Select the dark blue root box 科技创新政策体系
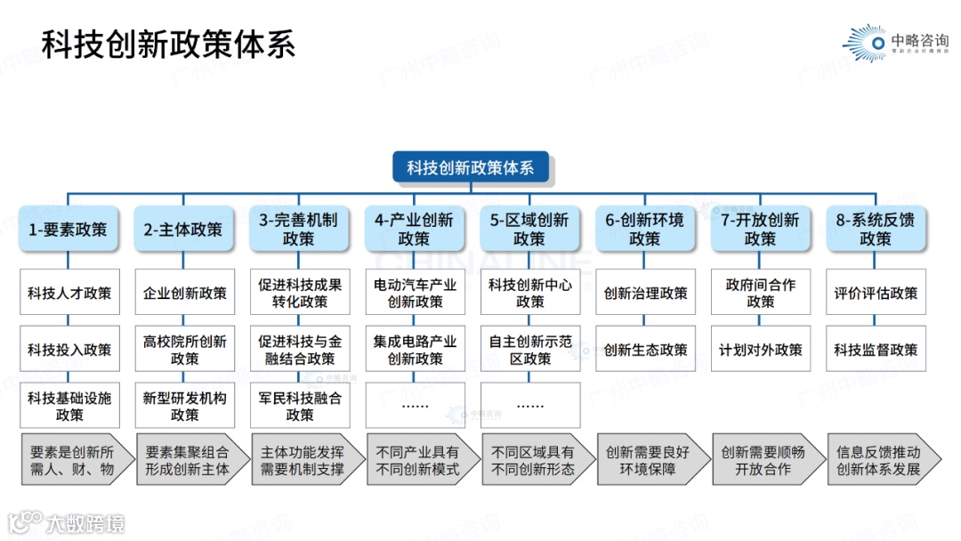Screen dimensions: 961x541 [470, 167]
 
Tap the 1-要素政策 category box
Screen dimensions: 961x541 [68, 230]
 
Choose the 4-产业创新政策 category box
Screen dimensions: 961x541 [414, 230]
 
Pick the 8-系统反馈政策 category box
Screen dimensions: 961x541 [876, 230]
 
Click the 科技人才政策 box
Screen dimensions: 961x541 [69, 293]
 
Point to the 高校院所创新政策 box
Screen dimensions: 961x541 [185, 350]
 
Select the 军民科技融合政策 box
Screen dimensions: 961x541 [300, 406]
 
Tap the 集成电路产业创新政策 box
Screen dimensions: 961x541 [415, 350]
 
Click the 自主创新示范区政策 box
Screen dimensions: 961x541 [530, 350]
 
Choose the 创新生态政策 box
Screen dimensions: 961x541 [645, 350]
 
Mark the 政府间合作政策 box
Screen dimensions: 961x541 [761, 293]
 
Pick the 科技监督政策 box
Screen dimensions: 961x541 [876, 350]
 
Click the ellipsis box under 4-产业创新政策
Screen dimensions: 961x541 [415, 405]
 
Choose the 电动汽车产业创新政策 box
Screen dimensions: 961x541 [415, 293]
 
